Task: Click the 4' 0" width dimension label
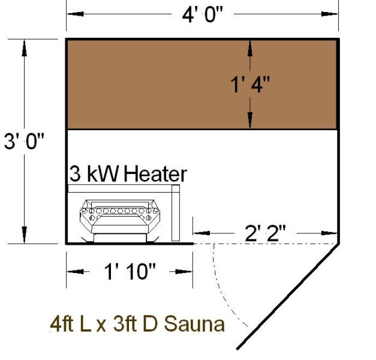(203, 14)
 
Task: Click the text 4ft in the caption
(62, 325)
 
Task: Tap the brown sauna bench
(201, 84)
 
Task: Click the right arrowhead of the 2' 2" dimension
(331, 232)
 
